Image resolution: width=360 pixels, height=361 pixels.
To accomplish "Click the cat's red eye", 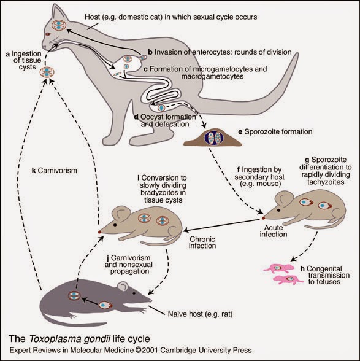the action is (x=48, y=34).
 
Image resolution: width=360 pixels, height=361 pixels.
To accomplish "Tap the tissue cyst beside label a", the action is (x=47, y=72).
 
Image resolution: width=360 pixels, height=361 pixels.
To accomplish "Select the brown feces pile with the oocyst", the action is (x=213, y=138).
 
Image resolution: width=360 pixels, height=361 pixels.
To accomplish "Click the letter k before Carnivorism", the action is (x=34, y=171).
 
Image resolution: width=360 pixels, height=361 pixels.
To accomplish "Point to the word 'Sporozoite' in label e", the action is (x=261, y=132).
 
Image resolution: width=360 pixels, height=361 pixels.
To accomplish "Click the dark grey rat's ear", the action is (x=123, y=286).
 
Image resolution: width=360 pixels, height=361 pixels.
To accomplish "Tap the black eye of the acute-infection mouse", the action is (x=279, y=210).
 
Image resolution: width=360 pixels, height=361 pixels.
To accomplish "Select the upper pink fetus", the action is (x=279, y=268).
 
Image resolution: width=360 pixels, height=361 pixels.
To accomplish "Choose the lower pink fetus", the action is (x=289, y=279).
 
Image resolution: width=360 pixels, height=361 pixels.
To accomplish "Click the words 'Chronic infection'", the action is (x=202, y=243).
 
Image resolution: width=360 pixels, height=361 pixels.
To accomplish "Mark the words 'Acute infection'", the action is (x=274, y=231).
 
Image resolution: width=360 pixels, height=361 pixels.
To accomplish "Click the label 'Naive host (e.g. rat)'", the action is (x=200, y=314).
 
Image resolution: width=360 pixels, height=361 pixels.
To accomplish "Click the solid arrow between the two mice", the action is (x=221, y=225).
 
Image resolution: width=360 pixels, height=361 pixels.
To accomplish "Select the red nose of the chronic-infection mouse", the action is (x=99, y=232).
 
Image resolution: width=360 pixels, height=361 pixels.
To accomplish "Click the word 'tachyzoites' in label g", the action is (x=326, y=182).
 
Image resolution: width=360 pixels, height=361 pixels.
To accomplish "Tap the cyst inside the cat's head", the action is (x=59, y=25).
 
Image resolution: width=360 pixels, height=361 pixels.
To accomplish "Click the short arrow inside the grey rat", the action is (x=90, y=301).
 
